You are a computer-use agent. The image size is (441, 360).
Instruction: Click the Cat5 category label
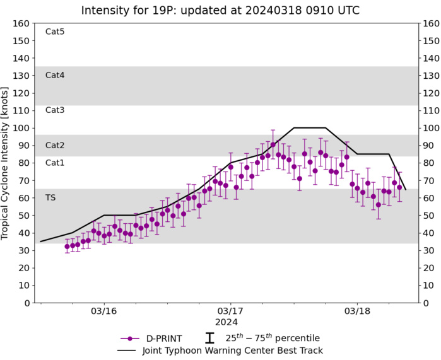pos(55,32)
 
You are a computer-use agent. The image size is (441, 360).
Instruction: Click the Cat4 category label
pos(55,75)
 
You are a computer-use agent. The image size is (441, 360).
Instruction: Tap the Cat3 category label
pos(55,110)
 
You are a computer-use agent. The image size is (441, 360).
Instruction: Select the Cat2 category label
pos(55,145)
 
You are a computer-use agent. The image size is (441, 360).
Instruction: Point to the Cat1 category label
pos(55,163)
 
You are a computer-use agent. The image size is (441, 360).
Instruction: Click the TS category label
pos(50,197)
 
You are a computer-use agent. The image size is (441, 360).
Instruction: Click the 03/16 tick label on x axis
pos(104,311)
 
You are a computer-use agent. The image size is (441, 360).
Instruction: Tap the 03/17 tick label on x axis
pos(231,311)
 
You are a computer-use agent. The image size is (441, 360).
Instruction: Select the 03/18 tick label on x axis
pos(357,311)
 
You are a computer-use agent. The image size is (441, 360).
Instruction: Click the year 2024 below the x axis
pos(231,322)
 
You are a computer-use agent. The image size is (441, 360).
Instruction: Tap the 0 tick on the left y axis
pos(26,303)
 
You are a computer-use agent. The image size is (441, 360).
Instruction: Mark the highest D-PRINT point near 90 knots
pos(273,144)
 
